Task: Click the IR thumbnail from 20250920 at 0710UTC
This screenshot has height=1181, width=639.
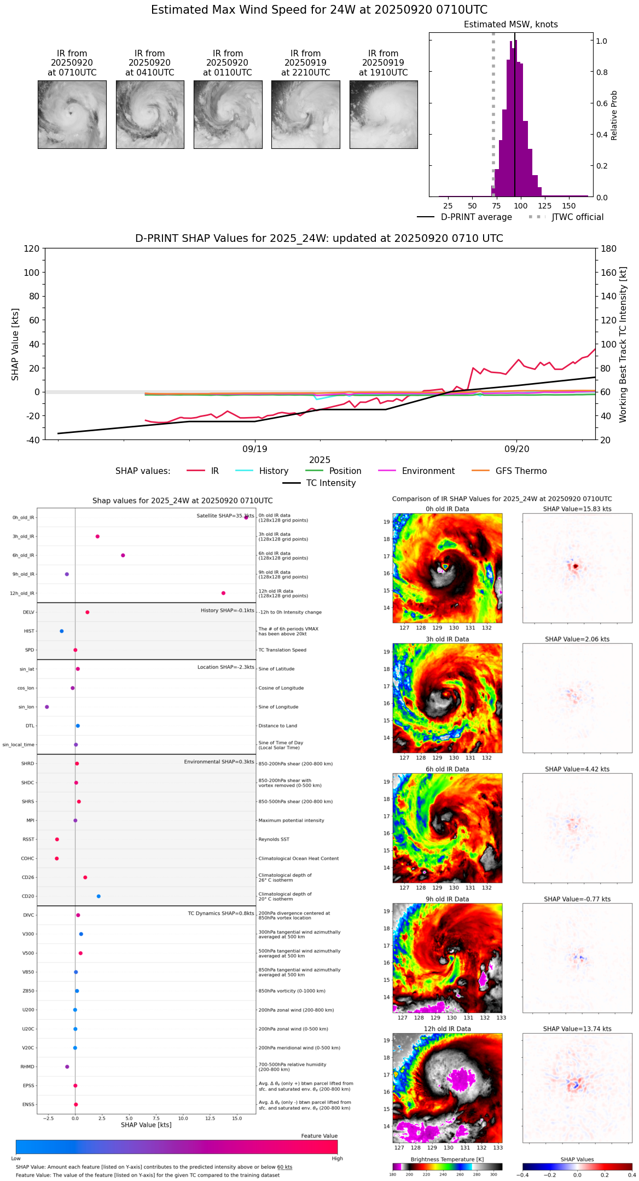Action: click(72, 114)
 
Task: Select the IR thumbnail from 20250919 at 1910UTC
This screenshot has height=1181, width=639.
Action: click(384, 114)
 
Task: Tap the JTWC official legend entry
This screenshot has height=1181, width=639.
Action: click(577, 217)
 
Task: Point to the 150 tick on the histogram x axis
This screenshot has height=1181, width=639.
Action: click(569, 206)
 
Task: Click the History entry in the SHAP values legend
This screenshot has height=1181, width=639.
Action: click(274, 471)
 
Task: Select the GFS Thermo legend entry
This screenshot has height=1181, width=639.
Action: click(521, 471)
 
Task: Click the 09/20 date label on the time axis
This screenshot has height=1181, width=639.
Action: click(517, 449)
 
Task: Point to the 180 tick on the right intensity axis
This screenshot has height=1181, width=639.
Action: click(609, 248)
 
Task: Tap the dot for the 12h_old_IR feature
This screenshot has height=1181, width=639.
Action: click(223, 593)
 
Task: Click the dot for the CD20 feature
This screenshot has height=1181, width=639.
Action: click(98, 896)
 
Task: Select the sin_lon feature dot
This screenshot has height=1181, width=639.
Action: click(47, 707)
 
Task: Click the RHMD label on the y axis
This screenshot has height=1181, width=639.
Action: click(27, 1067)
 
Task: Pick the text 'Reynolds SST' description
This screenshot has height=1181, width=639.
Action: click(274, 840)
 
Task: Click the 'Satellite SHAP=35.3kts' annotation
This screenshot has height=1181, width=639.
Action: click(224, 516)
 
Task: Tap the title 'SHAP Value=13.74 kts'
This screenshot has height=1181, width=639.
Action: click(577, 1029)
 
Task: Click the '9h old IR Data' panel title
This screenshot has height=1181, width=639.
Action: click(447, 899)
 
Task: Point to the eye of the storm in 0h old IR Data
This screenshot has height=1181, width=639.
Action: click(445, 566)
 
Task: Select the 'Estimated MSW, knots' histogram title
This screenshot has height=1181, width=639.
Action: click(510, 25)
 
